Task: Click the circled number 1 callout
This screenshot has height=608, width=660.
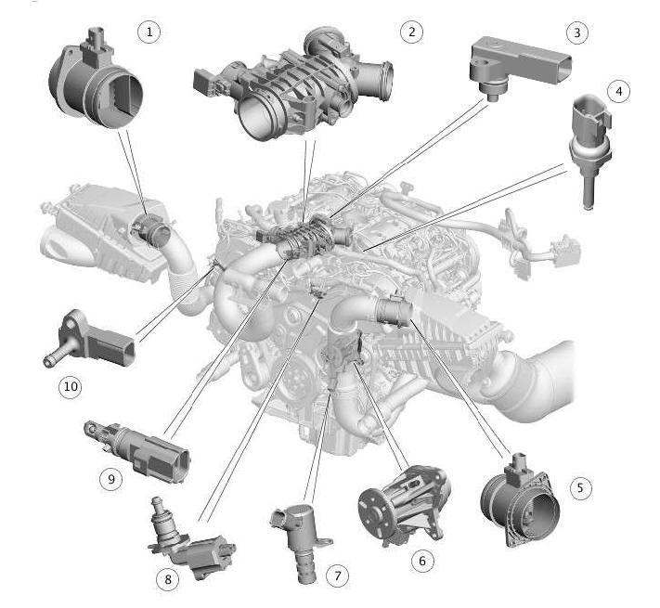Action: pyautogui.click(x=149, y=32)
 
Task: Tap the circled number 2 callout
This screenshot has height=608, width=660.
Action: pyautogui.click(x=411, y=32)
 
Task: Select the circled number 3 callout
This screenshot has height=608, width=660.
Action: pyautogui.click(x=576, y=32)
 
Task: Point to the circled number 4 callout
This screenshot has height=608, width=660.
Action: pyautogui.click(x=618, y=91)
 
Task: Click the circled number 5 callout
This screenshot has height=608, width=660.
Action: pyautogui.click(x=580, y=488)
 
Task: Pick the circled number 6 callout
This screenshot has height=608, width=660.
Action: pyautogui.click(x=422, y=561)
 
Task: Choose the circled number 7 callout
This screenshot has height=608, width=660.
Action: pyautogui.click(x=338, y=576)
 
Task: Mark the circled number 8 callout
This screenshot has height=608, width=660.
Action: pyautogui.click(x=167, y=579)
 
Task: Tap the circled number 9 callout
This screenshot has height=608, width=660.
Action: pyautogui.click(x=111, y=479)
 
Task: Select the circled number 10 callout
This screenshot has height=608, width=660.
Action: pyautogui.click(x=71, y=386)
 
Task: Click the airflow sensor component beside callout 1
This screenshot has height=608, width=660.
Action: pyautogui.click(x=96, y=80)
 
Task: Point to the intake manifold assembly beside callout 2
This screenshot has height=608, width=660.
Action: pyautogui.click(x=294, y=84)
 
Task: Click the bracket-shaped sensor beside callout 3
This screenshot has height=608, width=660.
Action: pyautogui.click(x=520, y=68)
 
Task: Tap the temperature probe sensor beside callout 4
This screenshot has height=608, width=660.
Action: pyautogui.click(x=589, y=148)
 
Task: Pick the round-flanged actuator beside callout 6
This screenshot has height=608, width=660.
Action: pyautogui.click(x=404, y=503)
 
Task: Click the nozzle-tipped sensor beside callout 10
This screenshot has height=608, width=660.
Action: pyautogui.click(x=89, y=340)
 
